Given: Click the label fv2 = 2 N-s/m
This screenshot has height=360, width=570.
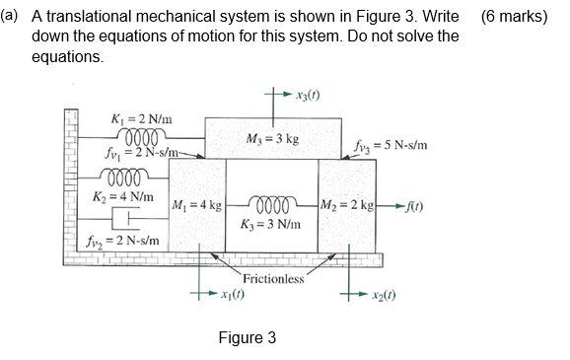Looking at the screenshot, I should [x=138, y=241].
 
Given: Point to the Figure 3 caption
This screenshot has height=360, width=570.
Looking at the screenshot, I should [x=247, y=337].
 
